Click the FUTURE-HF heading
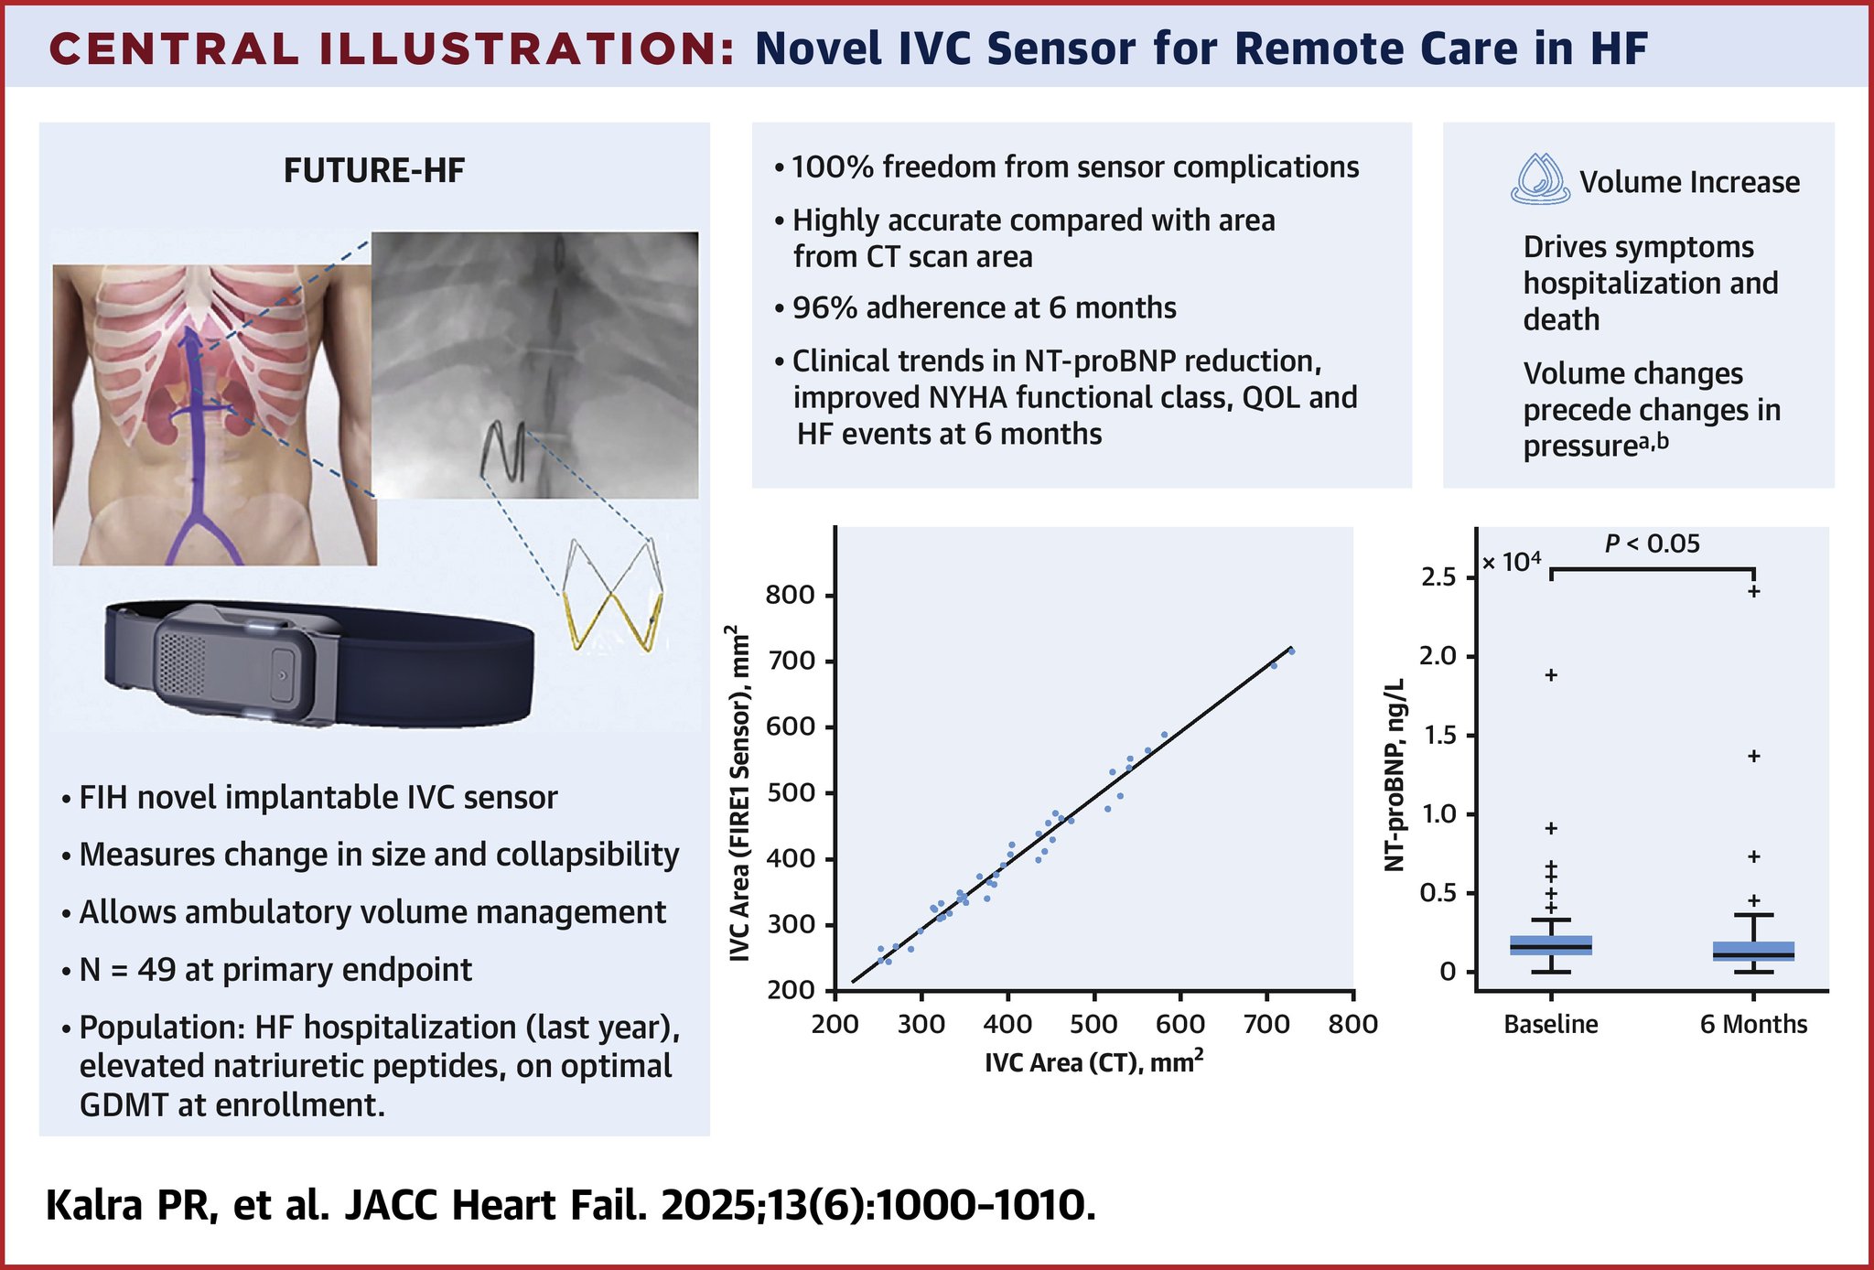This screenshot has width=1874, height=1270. [374, 171]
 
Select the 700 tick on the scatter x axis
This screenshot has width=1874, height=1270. [1266, 1023]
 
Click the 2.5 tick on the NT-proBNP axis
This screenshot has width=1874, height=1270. [1439, 577]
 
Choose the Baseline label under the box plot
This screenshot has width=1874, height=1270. [1551, 1024]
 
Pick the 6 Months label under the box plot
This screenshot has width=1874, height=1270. [1753, 1024]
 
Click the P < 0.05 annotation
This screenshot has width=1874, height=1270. [1653, 544]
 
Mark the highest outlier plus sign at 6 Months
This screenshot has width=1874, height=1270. [1754, 591]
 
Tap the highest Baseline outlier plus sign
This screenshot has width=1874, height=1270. [1551, 675]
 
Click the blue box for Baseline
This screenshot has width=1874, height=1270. [1551, 945]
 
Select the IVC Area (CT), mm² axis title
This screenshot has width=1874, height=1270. [1093, 1061]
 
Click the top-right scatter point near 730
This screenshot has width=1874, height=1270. [1292, 651]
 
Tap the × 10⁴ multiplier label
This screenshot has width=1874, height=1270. [1511, 561]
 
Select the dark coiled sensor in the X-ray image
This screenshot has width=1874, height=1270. [501, 450]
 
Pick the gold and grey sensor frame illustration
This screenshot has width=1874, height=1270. [611, 595]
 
